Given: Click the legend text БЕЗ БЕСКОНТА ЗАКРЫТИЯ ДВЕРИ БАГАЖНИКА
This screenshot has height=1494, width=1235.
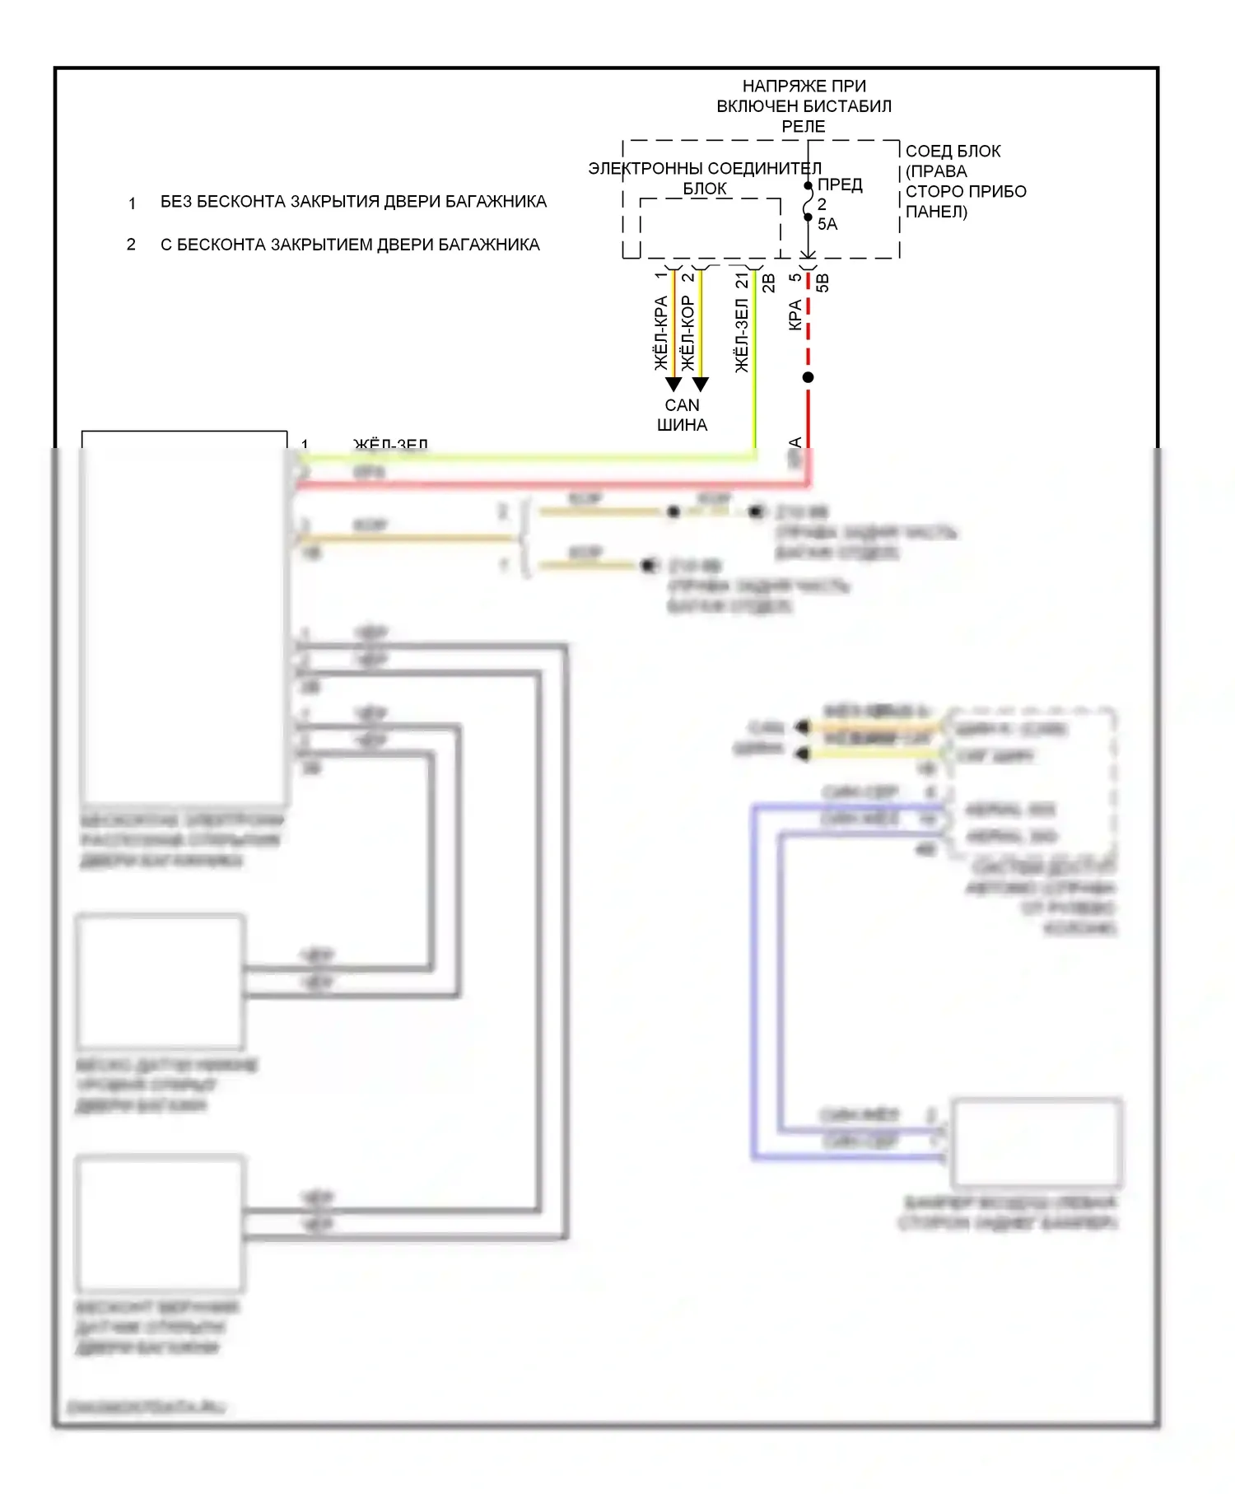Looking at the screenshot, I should (353, 202).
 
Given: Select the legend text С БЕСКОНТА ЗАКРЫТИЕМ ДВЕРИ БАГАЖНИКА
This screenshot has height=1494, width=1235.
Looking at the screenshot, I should (350, 245).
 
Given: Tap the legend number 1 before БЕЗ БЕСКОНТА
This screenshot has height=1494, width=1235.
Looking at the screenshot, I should (132, 203).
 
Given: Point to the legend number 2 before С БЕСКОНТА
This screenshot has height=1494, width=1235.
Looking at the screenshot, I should (131, 245).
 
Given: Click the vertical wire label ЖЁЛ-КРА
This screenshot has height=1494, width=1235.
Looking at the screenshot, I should (660, 333).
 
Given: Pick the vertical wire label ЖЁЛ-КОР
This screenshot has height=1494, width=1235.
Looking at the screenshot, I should (688, 333).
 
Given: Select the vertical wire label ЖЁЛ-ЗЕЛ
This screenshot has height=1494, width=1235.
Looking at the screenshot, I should (742, 335).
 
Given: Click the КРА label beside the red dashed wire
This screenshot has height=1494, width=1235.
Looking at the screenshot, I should (795, 315).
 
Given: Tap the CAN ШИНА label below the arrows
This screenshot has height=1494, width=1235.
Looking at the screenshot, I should (682, 415).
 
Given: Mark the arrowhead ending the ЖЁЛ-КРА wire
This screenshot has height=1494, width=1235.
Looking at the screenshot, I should (673, 385).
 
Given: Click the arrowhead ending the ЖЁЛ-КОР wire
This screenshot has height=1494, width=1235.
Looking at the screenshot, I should (701, 385).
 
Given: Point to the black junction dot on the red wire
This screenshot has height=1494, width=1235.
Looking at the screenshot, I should (809, 377).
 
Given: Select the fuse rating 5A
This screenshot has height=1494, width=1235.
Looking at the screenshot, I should (827, 224).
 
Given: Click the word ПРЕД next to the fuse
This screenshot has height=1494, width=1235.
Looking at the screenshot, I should (840, 184).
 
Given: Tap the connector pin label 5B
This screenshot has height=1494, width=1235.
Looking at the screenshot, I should (823, 282).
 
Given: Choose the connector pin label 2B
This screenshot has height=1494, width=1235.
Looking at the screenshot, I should (769, 282).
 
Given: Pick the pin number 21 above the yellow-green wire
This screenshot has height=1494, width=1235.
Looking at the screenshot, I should (743, 280).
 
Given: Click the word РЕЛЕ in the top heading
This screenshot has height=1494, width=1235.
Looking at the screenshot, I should (804, 126).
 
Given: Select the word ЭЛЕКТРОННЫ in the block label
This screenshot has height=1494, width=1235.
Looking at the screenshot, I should (645, 168).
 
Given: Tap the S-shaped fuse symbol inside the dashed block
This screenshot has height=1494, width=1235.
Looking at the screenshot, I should (809, 202).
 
